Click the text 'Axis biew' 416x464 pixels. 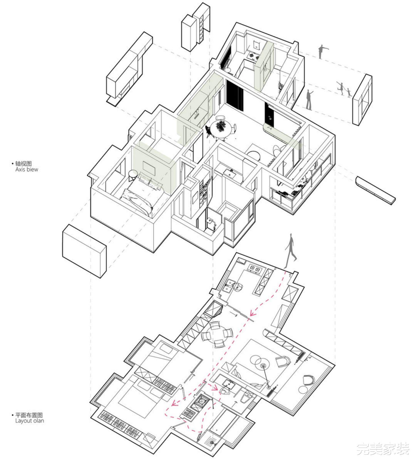26,170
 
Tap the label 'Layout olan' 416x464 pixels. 30,421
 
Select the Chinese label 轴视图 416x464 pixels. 23,163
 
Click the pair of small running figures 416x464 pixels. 344,89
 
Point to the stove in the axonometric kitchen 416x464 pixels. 252,56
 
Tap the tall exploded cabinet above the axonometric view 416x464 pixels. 196,27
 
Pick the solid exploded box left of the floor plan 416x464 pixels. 84,250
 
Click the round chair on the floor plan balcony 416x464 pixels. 309,380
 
